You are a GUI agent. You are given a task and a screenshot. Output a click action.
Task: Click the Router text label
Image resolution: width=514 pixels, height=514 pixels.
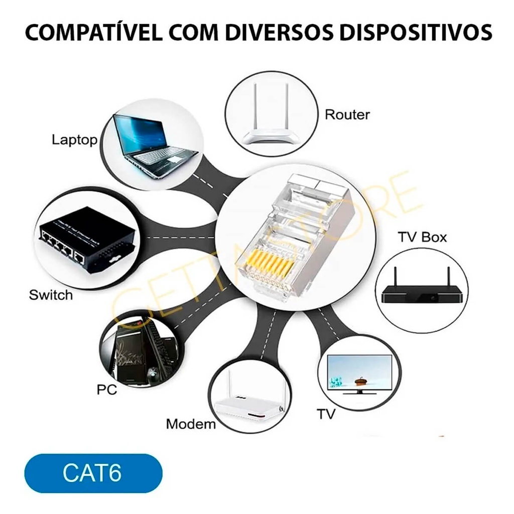click(x=347, y=114)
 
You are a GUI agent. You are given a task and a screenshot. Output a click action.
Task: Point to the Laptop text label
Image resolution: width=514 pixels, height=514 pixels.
click(x=74, y=140)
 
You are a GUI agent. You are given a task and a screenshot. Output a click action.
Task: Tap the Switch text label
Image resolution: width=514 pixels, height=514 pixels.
click(x=51, y=295)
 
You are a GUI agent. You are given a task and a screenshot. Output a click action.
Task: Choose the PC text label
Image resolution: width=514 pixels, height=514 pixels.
click(x=106, y=389)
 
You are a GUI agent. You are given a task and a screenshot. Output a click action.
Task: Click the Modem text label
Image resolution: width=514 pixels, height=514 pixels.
click(x=191, y=424)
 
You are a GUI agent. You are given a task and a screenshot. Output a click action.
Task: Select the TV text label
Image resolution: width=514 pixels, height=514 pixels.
click(x=326, y=414)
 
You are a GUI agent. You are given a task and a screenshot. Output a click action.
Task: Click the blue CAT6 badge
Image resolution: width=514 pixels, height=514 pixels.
click(x=93, y=473)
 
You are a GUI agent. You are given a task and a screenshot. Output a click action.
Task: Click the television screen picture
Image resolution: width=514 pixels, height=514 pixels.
click(x=359, y=372)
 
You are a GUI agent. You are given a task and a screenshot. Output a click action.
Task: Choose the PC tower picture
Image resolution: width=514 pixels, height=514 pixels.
click(x=138, y=354)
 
